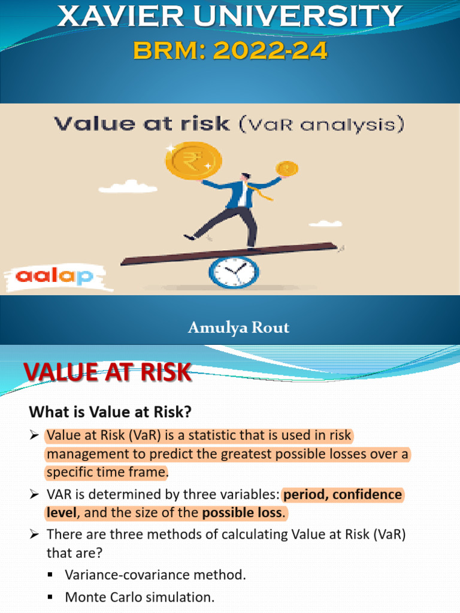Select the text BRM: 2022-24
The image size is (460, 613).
pyautogui.click(x=231, y=51)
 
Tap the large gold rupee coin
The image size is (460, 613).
pyautogui.click(x=192, y=160)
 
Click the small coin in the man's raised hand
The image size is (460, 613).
pyautogui.click(x=286, y=168)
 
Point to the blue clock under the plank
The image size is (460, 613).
pyautogui.click(x=234, y=272)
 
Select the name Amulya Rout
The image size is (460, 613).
pyautogui.click(x=238, y=327)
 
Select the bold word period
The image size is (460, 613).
pyautogui.click(x=303, y=495)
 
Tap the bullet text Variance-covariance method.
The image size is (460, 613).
pyautogui.click(x=155, y=575)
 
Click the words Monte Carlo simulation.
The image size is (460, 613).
pyautogui.click(x=139, y=597)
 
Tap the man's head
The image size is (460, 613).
pyautogui.click(x=246, y=178)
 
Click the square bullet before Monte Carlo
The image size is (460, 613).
pyautogui.click(x=50, y=597)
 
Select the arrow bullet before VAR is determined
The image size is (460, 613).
pyautogui.click(x=34, y=495)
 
